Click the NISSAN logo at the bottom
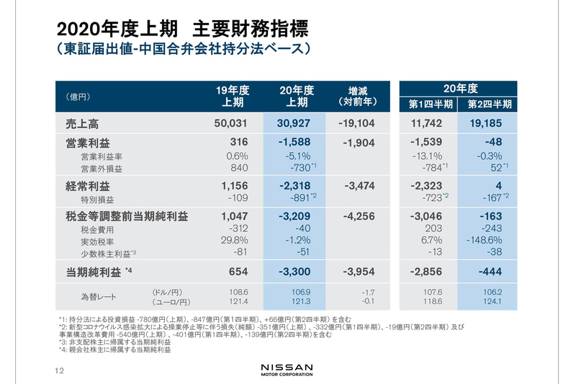(x=287, y=369)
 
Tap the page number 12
(x=59, y=371)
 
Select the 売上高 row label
(x=82, y=124)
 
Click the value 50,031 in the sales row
(x=230, y=124)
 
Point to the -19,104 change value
(x=356, y=124)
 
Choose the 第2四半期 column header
(x=490, y=104)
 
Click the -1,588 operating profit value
(x=297, y=143)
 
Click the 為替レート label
(x=98, y=295)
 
